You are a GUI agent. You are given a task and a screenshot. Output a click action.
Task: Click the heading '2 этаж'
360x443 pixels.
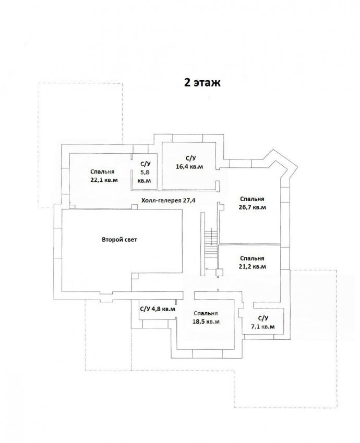coord(202,82)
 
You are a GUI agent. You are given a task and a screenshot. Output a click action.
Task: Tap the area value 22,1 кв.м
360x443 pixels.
coord(104,180)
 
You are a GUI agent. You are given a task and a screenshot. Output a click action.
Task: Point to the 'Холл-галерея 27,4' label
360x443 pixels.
coord(169,200)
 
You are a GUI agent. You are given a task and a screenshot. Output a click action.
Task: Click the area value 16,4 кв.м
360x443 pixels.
coord(189,166)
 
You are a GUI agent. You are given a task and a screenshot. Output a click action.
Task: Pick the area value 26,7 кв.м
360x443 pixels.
coord(252,207)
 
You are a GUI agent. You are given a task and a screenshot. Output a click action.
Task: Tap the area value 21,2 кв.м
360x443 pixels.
coord(252,266)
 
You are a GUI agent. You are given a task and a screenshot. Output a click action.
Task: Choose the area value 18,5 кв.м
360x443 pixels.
coord(206,322)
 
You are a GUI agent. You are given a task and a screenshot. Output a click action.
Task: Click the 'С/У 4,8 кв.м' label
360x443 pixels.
coord(158,309)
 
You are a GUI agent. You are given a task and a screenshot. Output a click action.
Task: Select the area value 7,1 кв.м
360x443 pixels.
coord(263,327)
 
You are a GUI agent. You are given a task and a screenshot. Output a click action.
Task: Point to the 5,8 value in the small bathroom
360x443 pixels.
coord(144,172)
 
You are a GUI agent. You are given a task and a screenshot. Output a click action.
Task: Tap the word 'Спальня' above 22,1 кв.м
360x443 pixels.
coord(102,172)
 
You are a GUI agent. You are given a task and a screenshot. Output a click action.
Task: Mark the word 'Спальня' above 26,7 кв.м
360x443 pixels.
coord(252,199)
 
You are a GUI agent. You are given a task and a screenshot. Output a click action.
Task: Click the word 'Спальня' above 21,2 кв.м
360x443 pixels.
coord(252,258)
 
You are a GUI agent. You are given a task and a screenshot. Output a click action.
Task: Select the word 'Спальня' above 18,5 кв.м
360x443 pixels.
coord(206,313)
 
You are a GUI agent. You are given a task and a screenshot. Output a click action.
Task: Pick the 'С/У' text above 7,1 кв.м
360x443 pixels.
coord(263,318)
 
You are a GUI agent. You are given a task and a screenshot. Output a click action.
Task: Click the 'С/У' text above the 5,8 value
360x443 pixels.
coord(146,164)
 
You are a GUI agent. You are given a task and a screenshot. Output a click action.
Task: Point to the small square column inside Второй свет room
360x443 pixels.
coord(135,276)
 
